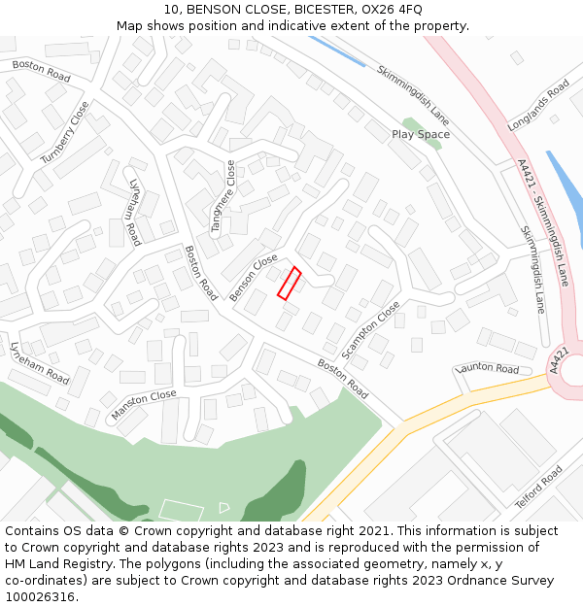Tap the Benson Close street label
tap(254, 278)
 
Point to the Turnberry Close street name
tap(65, 132)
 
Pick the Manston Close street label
tap(144, 404)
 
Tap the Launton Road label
tap(488, 369)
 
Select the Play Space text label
tap(421, 134)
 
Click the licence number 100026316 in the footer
tap(40, 596)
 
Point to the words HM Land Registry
tap(56, 563)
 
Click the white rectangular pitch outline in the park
tap(181, 510)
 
